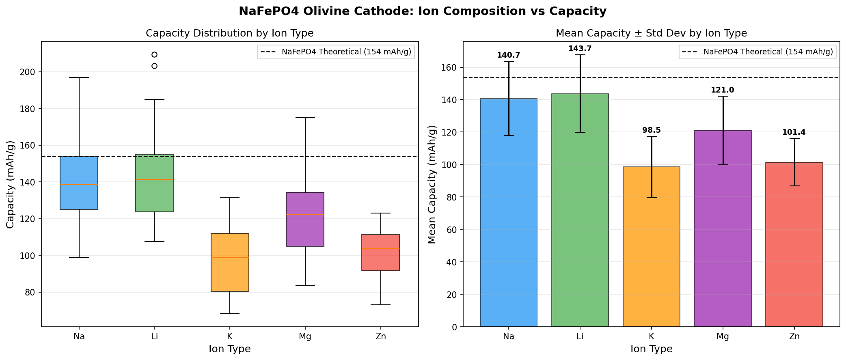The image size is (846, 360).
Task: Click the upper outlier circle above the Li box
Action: coord(154,55)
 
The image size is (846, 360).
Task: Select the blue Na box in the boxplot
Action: coord(79,183)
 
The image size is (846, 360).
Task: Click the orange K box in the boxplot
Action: coord(230,262)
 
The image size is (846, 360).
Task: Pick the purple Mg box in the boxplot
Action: coord(305,219)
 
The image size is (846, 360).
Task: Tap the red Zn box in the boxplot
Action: coord(380,252)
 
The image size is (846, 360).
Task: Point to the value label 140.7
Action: coord(508,56)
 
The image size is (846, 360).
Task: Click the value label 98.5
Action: coord(651,131)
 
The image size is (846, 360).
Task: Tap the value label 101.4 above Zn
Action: coord(794,133)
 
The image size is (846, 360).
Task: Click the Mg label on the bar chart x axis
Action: coord(723,336)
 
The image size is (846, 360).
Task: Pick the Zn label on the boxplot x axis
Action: coord(380,336)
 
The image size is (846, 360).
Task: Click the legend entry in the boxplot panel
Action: coord(336,52)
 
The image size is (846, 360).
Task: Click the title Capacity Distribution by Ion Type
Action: coord(229,33)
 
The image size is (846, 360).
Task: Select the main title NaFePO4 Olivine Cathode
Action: coord(423,11)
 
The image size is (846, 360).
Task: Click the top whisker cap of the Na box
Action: coord(79,78)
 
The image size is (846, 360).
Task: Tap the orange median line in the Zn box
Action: coord(380,248)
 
